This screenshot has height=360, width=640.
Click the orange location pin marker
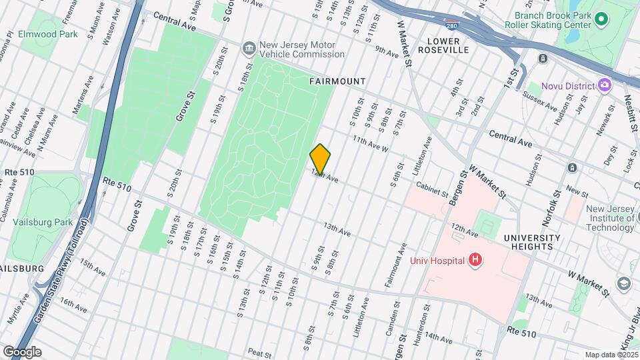pos(320,159)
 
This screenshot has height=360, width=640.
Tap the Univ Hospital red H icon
pos(475,259)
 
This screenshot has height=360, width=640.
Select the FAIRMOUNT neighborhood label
pos(337,81)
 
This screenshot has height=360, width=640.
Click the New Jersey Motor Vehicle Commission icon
pos(249,49)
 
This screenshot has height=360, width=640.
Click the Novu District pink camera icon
pos(605,85)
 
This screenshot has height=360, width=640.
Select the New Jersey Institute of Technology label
pos(610,218)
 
